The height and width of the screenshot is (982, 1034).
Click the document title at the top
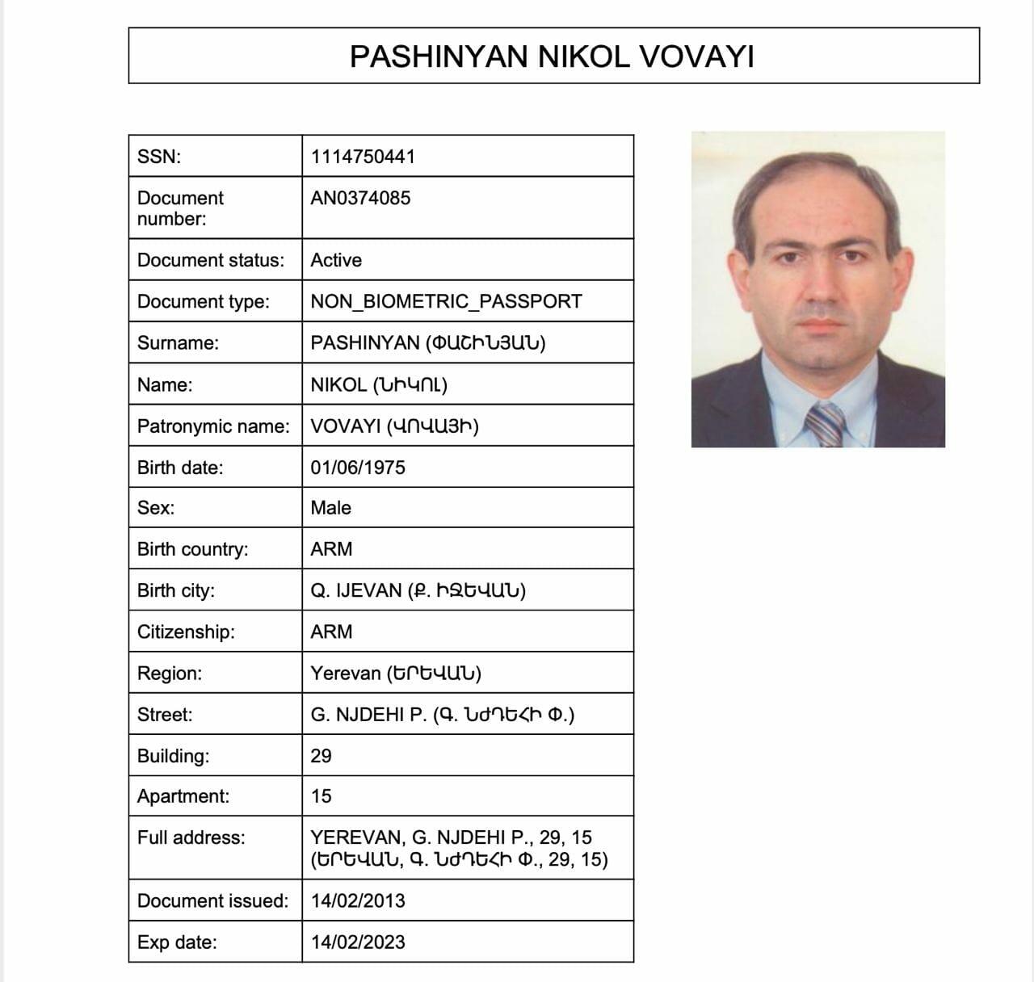click(552, 57)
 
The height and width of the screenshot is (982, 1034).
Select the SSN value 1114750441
click(363, 157)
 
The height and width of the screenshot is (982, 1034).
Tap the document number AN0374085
click(360, 198)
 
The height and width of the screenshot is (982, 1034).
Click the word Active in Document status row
click(336, 260)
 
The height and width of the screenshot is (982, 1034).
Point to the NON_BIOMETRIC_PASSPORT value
click(446, 301)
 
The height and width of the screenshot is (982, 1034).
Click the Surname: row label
click(178, 343)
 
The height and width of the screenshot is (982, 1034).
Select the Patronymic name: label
click(213, 426)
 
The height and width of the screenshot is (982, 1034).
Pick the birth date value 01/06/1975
click(358, 468)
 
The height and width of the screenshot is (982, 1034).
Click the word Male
click(331, 508)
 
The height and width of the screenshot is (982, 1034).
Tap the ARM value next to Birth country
click(331, 549)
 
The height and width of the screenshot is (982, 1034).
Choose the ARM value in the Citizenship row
click(331, 632)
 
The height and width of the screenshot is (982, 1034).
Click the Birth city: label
click(176, 591)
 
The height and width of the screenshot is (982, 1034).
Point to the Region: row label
click(170, 674)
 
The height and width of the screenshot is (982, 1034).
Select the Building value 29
click(321, 756)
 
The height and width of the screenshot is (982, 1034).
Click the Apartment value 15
click(321, 796)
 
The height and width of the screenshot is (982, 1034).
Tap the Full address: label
click(191, 837)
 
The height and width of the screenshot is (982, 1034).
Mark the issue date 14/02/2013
click(358, 900)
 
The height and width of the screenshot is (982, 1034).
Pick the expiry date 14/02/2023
click(358, 942)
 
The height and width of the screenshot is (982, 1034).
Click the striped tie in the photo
click(825, 424)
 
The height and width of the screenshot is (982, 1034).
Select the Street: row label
click(165, 715)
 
